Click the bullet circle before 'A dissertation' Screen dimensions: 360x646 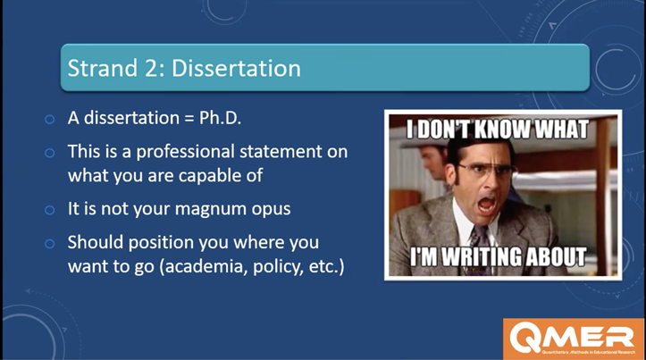(49, 120)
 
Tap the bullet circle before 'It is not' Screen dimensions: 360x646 (49, 210)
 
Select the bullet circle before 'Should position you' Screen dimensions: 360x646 (49, 243)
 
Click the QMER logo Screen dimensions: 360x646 (573, 339)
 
